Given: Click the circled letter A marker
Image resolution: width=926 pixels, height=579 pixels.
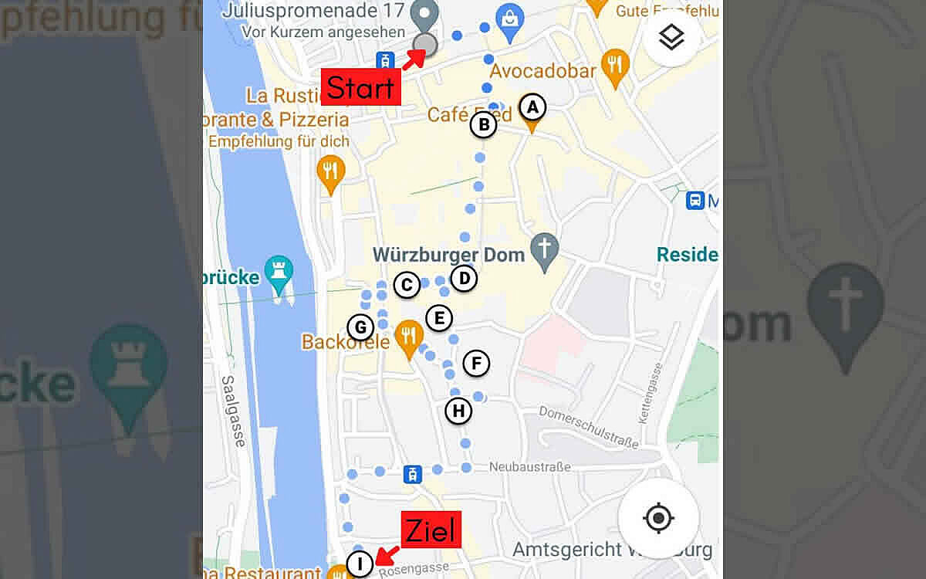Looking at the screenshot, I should click(x=532, y=107).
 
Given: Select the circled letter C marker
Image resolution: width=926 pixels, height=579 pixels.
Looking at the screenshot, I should click(x=406, y=285).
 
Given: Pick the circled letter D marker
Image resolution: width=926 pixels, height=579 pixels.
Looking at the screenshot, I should click(x=463, y=278).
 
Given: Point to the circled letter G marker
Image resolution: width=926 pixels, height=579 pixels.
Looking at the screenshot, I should click(x=360, y=327).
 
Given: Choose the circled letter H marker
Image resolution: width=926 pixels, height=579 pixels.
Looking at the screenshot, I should click(x=458, y=411).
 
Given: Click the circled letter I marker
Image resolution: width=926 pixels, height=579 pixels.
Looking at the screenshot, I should click(x=359, y=564).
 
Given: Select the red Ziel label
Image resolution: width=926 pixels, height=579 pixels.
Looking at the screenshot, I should click(x=430, y=530).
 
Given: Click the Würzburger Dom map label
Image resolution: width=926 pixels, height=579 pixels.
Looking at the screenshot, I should click(x=448, y=254).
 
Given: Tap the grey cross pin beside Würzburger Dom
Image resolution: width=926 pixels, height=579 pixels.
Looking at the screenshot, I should click(x=546, y=250).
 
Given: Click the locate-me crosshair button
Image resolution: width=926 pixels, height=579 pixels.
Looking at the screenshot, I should click(x=658, y=518).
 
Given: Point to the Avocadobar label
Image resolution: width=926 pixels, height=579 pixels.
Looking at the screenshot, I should click(x=543, y=72).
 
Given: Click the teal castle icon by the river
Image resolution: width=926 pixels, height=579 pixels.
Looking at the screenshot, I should click(x=279, y=273).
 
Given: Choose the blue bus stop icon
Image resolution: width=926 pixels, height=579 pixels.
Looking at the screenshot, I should click(x=694, y=201).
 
